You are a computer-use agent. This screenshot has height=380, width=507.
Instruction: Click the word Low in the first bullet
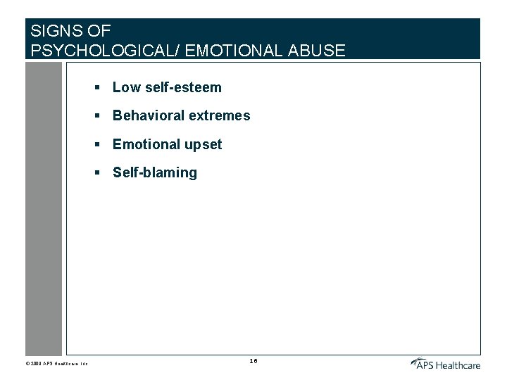pyautogui.click(x=127, y=88)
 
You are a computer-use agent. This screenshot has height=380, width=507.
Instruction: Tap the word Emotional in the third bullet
pyautogui.click(x=146, y=144)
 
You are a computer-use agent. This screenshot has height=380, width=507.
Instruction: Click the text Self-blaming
pyautogui.click(x=155, y=173)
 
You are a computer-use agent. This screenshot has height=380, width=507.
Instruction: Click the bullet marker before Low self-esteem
pyautogui.click(x=100, y=88)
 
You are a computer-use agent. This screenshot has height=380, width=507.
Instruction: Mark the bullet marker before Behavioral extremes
pyautogui.click(x=100, y=116)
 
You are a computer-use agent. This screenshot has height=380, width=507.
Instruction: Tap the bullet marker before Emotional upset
pyautogui.click(x=100, y=144)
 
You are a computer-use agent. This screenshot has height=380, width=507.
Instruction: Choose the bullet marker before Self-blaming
pyautogui.click(x=100, y=172)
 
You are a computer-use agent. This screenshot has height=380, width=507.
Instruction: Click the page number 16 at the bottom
pyautogui.click(x=254, y=361)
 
